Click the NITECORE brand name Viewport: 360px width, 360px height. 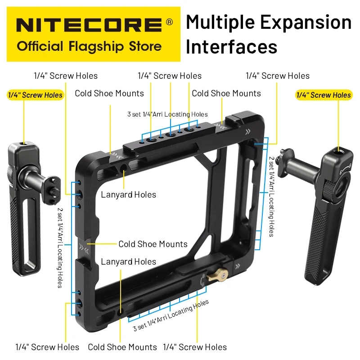(89, 25)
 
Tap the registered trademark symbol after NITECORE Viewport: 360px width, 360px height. (170, 22)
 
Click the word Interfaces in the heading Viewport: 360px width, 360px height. (231, 47)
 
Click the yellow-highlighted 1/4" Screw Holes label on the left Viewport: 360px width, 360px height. (36, 95)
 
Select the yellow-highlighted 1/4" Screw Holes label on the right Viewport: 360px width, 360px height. (324, 95)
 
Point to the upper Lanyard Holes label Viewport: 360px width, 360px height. (128, 195)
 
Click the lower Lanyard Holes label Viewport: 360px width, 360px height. (128, 262)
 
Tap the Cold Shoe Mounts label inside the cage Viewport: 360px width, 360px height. (153, 244)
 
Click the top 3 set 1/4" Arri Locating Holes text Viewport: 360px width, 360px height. (167, 114)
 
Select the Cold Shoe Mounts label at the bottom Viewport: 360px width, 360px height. (122, 347)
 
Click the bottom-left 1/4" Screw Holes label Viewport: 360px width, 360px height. (47, 347)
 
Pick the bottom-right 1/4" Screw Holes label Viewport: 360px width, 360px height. (195, 347)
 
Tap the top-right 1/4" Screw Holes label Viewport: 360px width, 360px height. (278, 76)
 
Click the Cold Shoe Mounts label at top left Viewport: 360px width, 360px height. (109, 94)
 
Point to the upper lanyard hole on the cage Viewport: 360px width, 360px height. (123, 168)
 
